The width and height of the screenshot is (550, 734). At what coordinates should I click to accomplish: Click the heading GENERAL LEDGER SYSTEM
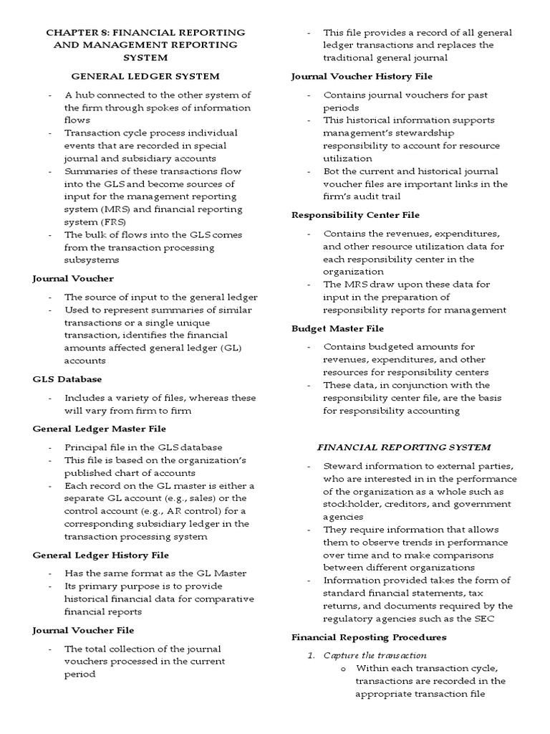[x=145, y=75]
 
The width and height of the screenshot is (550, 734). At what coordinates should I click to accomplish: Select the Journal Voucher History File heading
[x=362, y=75]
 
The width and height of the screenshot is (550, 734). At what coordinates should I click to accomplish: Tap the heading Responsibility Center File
[x=355, y=214]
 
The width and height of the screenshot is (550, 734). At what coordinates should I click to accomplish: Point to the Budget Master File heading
[x=337, y=328]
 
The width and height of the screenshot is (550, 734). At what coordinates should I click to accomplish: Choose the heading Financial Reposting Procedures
[x=369, y=637]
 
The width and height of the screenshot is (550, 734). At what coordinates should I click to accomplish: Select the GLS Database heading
[x=67, y=378]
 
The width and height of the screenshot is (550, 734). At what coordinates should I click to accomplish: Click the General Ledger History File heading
[x=101, y=555]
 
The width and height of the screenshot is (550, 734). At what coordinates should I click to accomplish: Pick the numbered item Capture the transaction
[x=375, y=655]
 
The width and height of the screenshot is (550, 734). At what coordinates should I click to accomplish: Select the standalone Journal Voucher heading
[x=73, y=277]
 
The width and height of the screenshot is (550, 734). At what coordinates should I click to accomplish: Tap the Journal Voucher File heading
[x=83, y=630]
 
